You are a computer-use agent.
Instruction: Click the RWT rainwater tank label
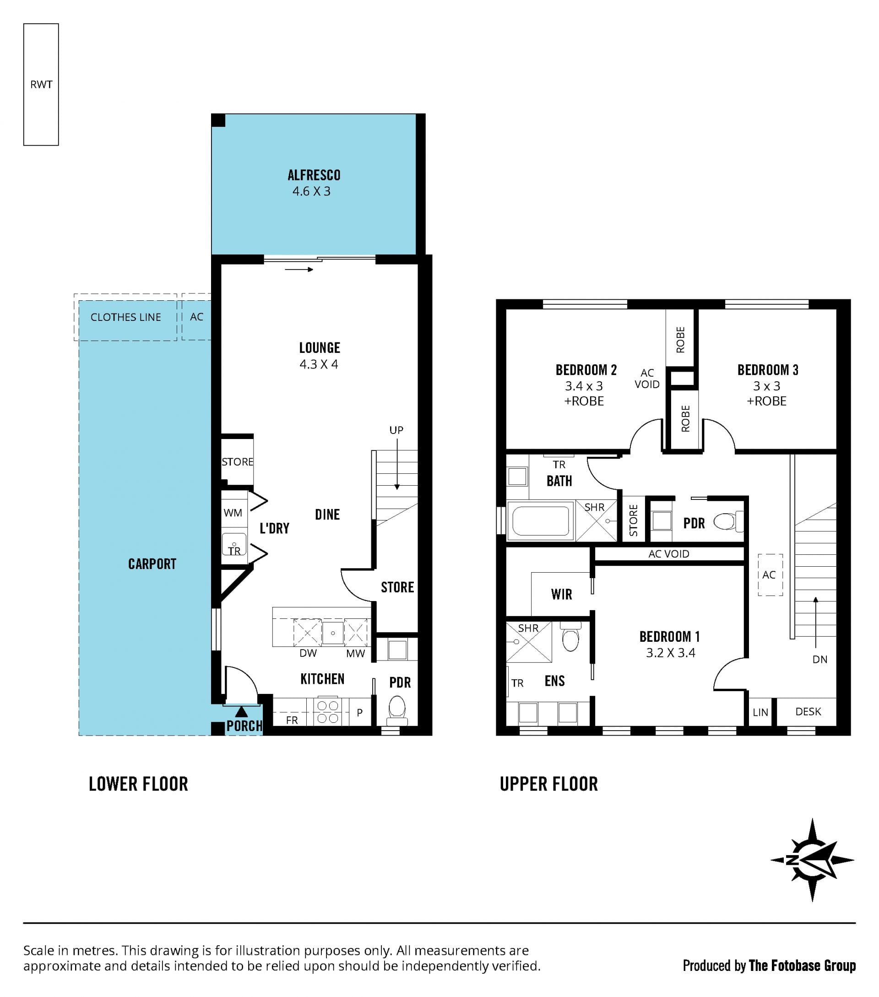41,84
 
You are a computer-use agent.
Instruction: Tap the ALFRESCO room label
314,175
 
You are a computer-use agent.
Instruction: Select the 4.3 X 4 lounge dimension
319,364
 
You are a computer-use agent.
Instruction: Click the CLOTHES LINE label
126,317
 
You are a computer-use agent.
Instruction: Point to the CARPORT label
152,564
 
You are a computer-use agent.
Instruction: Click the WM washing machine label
233,513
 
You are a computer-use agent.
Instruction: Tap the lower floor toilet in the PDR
397,710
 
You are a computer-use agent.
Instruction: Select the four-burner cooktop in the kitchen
328,712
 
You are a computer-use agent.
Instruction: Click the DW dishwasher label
308,653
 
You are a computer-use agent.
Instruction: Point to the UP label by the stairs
396,430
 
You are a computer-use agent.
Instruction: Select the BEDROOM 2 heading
586,370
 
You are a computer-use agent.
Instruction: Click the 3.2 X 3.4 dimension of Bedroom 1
671,653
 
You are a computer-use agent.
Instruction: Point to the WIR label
561,594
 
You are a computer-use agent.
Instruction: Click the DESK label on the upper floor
808,712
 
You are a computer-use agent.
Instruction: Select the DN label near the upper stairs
820,660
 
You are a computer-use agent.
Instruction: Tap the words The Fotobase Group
802,965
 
